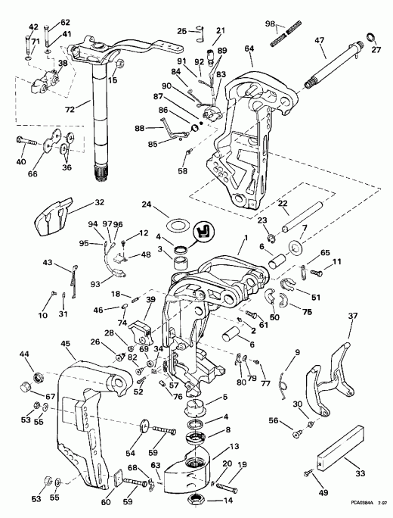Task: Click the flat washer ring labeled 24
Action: click(178, 225)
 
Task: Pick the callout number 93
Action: click(95, 284)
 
